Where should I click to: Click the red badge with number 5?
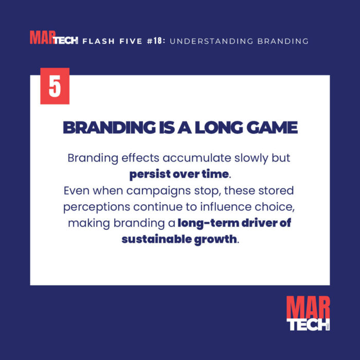click(x=55, y=86)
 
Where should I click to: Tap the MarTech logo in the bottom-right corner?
click(x=308, y=314)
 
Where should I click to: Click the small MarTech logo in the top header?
click(x=53, y=39)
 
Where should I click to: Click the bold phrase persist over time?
click(x=178, y=174)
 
